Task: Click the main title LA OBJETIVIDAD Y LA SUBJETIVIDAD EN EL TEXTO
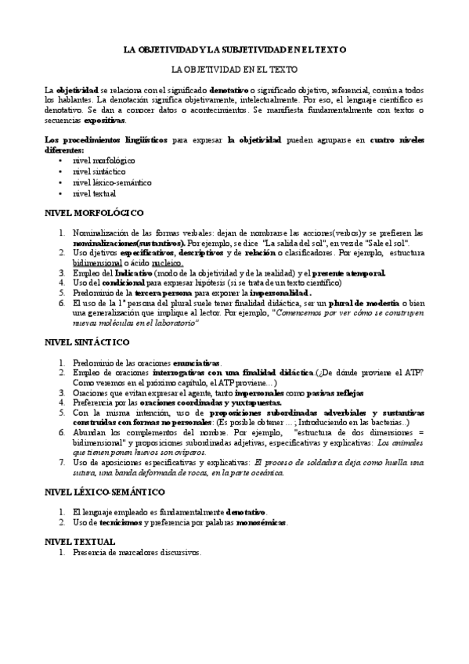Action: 234,49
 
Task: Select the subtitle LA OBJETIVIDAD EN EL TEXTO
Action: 234,69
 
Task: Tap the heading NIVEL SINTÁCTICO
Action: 87,342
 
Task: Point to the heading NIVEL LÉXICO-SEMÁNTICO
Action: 104,492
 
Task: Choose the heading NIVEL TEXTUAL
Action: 80,542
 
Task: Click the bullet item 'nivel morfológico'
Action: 103,160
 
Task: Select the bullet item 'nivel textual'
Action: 94,193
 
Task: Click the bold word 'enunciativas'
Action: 196,363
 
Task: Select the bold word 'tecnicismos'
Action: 123,522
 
